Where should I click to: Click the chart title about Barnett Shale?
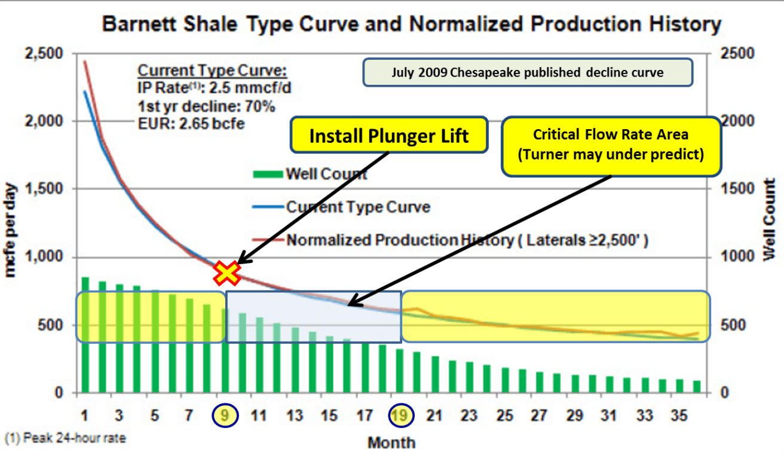click(412, 25)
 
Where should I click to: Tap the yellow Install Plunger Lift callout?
click(388, 136)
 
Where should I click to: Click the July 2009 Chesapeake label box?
click(527, 73)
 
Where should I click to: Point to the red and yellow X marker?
click(227, 273)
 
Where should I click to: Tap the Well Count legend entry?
click(326, 175)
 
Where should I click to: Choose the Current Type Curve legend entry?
click(357, 207)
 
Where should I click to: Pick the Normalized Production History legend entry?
click(466, 240)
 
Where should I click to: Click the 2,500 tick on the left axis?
click(44, 54)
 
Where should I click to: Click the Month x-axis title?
click(391, 443)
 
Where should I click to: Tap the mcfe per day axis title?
click(11, 230)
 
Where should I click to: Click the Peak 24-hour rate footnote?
click(66, 439)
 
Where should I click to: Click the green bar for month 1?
click(85, 335)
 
